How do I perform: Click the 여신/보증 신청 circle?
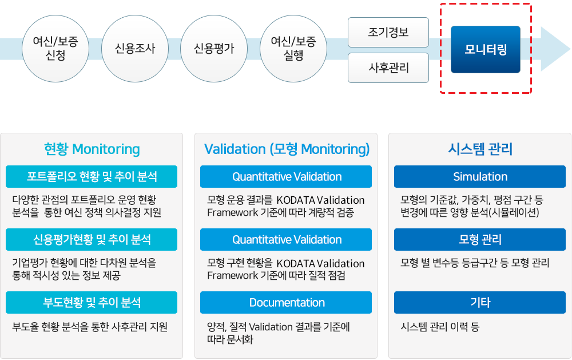click(x=55, y=49)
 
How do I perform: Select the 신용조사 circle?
click(x=135, y=49)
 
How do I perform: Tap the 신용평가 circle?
click(x=214, y=49)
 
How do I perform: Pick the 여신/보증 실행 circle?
click(x=293, y=49)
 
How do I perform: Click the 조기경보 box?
click(x=388, y=32)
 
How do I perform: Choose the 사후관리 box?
click(x=388, y=68)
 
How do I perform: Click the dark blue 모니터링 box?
click(x=486, y=49)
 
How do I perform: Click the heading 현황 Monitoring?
click(x=92, y=149)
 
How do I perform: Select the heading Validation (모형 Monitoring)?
click(x=287, y=149)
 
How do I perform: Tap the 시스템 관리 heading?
click(x=480, y=149)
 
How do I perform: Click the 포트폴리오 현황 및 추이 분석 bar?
click(x=92, y=177)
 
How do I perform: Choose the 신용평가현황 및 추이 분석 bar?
click(x=92, y=239)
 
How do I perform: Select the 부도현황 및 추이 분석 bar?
click(x=92, y=302)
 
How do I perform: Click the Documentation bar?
click(x=286, y=302)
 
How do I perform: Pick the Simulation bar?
click(x=480, y=177)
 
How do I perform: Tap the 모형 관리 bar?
click(x=480, y=239)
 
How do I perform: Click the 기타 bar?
click(x=480, y=302)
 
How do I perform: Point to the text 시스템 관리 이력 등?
click(x=439, y=326)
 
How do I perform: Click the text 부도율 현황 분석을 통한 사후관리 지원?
click(x=90, y=326)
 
